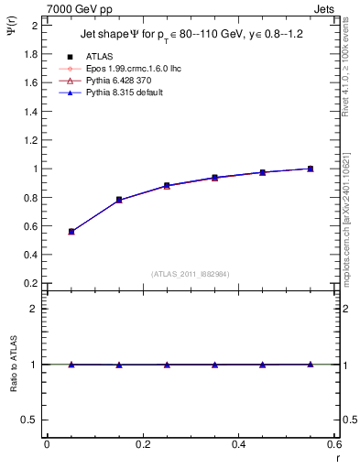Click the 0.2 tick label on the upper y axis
[x=31, y=283]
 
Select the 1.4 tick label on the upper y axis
[x=31, y=111]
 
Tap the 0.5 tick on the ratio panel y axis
[x=31, y=420]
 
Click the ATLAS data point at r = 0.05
[x=71, y=232]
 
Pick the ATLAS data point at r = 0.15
[x=119, y=200]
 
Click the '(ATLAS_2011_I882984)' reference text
[x=190, y=274]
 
